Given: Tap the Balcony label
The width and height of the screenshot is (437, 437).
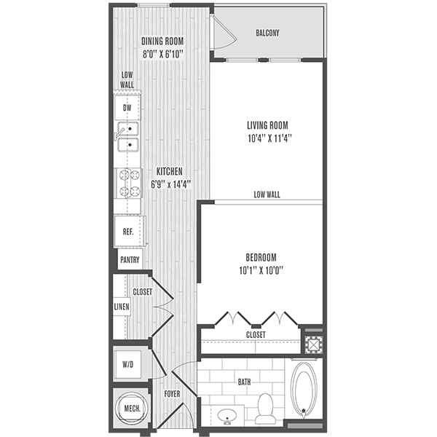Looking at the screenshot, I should [268, 34].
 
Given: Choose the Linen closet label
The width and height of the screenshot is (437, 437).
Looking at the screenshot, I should [122, 307].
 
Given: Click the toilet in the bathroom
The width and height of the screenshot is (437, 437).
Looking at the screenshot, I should [265, 409].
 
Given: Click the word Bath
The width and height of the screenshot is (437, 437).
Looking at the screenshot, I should [243, 381].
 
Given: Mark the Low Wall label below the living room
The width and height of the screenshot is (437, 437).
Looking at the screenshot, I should [267, 194].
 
